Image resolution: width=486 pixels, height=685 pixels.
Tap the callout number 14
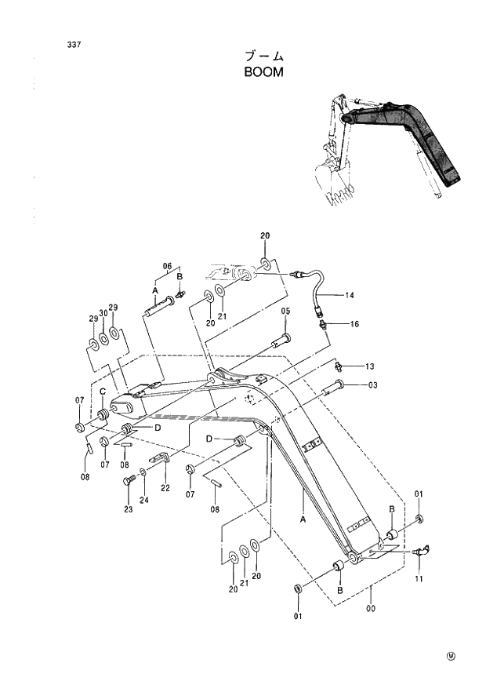pyautogui.click(x=350, y=296)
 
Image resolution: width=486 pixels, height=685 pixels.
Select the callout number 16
pyautogui.click(x=354, y=323)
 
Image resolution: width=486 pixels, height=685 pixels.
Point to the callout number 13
pyautogui.click(x=370, y=366)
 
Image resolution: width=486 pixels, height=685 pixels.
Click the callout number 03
pyautogui.click(x=373, y=385)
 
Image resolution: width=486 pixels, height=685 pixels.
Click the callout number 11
pyautogui.click(x=419, y=579)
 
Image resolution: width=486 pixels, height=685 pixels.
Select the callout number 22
pyautogui.click(x=165, y=488)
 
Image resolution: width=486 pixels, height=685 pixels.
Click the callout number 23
pyautogui.click(x=129, y=509)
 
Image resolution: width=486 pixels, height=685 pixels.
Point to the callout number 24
pyautogui.click(x=143, y=500)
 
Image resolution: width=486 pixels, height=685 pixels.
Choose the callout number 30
pyautogui.click(x=103, y=312)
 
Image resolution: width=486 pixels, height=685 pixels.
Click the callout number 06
pyautogui.click(x=167, y=266)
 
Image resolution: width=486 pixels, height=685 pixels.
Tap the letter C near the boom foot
pyautogui.click(x=102, y=392)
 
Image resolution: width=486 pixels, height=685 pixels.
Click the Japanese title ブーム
pyautogui.click(x=263, y=56)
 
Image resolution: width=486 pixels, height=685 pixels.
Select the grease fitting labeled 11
pyautogui.click(x=420, y=552)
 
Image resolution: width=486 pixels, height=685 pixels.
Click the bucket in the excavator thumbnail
pyautogui.click(x=337, y=186)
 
